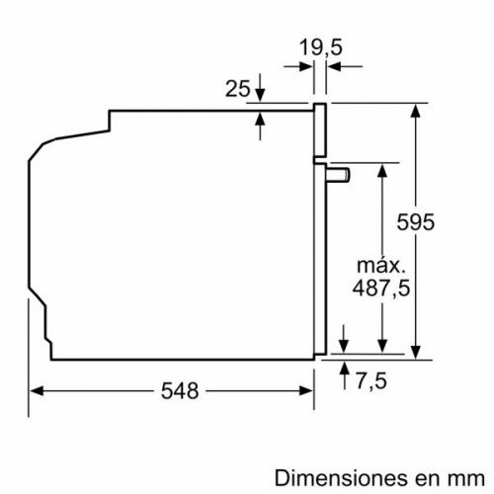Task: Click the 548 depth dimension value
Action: point(179,391)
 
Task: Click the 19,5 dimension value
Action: point(318,45)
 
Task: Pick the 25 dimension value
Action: point(236,90)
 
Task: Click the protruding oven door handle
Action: point(338,175)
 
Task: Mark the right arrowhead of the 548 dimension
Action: point(308,390)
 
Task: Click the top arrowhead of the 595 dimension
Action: point(417,108)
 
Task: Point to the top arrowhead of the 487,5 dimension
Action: point(381,168)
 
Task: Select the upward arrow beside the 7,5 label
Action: point(343,367)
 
